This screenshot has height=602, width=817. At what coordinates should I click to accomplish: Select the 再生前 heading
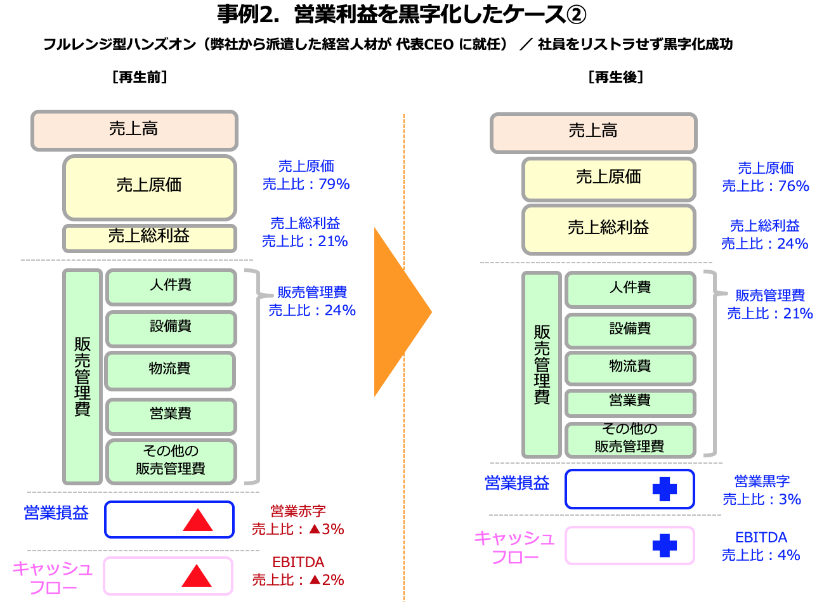(140, 77)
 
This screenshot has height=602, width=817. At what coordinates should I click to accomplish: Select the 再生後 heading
(616, 77)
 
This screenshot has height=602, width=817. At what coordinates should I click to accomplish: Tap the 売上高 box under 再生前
(134, 130)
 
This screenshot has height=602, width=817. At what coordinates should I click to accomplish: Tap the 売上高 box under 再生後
(594, 133)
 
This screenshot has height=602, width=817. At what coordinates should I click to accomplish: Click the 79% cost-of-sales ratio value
(334, 184)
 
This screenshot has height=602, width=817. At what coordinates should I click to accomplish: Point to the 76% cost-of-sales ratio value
(794, 186)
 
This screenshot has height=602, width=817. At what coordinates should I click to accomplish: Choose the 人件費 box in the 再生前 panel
(171, 287)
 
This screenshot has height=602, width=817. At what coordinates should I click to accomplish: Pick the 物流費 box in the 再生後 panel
(631, 368)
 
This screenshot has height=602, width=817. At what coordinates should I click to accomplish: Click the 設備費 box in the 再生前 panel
(171, 329)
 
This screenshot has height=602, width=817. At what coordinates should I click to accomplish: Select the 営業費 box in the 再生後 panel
(631, 403)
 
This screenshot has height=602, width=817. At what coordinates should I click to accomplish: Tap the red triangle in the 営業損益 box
(198, 520)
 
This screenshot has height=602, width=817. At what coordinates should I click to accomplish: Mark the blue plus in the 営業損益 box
(665, 489)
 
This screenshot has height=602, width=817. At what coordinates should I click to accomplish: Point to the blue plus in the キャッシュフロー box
(665, 546)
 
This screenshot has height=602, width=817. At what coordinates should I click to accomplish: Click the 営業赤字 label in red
(298, 511)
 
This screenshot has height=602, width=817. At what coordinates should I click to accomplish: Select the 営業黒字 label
(762, 481)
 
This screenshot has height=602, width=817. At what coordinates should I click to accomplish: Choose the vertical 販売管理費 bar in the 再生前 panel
(82, 377)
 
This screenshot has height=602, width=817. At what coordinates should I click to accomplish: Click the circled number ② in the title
(576, 15)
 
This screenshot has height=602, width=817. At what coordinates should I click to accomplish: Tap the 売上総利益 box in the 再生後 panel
(609, 230)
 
